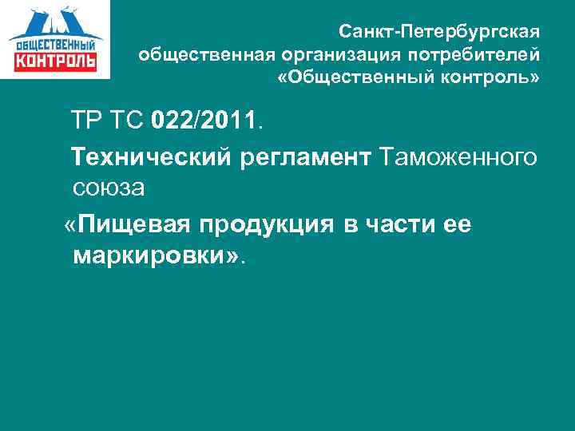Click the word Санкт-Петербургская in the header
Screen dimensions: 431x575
click(439, 33)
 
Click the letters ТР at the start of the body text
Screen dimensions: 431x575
click(89, 122)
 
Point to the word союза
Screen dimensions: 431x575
click(109, 189)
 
